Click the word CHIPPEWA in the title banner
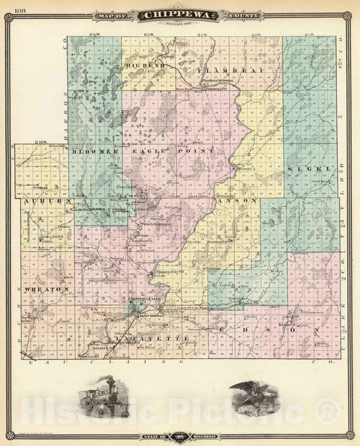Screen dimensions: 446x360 pyautogui.click(x=179, y=15)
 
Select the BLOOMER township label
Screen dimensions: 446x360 pyautogui.click(x=95, y=152)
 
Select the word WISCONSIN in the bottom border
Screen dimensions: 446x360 pyautogui.click(x=203, y=437)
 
